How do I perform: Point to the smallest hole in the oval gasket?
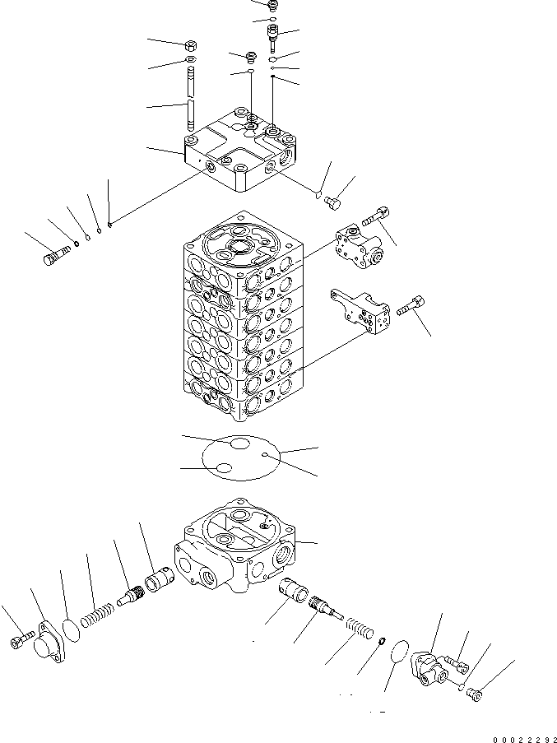click(265, 454)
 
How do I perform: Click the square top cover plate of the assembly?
click(237, 153)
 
